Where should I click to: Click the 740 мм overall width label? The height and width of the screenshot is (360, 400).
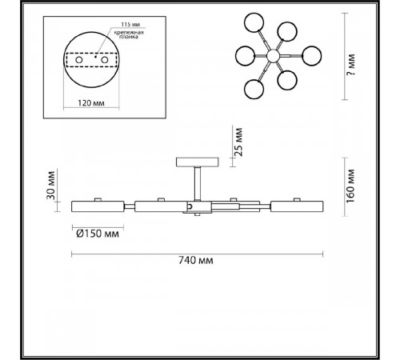pyautogui.click(x=196, y=260)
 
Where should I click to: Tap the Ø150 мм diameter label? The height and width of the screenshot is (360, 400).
pyautogui.click(x=98, y=234)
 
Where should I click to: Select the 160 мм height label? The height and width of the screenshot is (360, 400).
pyautogui.click(x=350, y=186)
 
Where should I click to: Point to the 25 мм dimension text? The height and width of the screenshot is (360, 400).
pyautogui.click(x=238, y=142)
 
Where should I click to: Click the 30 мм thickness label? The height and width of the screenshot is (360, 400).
pyautogui.click(x=50, y=185)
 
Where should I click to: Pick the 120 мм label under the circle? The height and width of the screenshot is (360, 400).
pyautogui.click(x=91, y=102)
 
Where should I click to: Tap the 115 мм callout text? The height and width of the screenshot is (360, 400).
pyautogui.click(x=130, y=25)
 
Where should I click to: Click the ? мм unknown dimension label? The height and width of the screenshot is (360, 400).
pyautogui.click(x=351, y=65)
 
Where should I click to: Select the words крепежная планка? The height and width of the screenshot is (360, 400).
pyautogui.click(x=129, y=34)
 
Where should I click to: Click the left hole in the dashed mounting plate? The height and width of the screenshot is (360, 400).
pyautogui.click(x=79, y=60)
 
